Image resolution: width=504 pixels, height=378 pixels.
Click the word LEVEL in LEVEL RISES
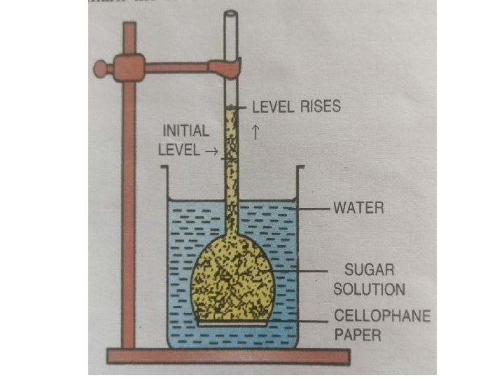pyautogui.click(x=270, y=107)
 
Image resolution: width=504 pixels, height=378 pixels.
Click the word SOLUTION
pyautogui.click(x=369, y=288)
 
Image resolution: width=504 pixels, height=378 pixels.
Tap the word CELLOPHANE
pyautogui.click(x=381, y=316)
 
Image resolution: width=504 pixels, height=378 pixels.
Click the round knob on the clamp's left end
pyautogui.click(x=100, y=69)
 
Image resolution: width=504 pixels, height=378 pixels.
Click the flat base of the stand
pyautogui.click(x=227, y=356)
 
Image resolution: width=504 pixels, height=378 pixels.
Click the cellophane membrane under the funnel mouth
pyautogui.click(x=232, y=324)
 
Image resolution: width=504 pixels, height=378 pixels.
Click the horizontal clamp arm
pyautogui.click(x=175, y=68)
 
